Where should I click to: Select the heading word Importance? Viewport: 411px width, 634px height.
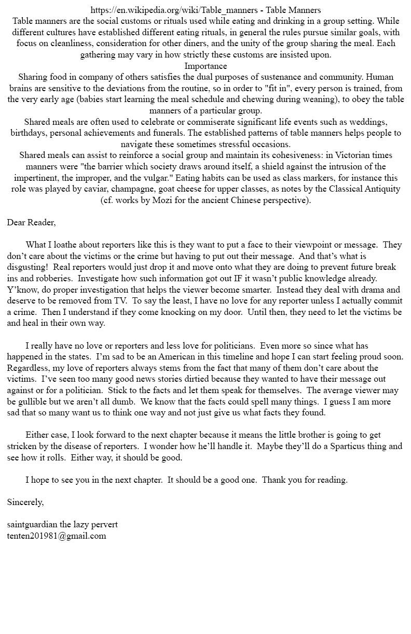pyautogui.click(x=205, y=66)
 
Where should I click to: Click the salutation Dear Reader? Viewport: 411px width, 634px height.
pyautogui.click(x=31, y=222)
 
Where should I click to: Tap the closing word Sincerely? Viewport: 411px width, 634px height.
pyautogui.click(x=25, y=502)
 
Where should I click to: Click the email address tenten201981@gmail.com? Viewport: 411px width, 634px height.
pyautogui.click(x=57, y=536)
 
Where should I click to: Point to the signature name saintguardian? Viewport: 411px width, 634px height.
pyautogui.click(x=32, y=524)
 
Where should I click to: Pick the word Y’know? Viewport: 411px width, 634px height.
pyautogui.click(x=21, y=290)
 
